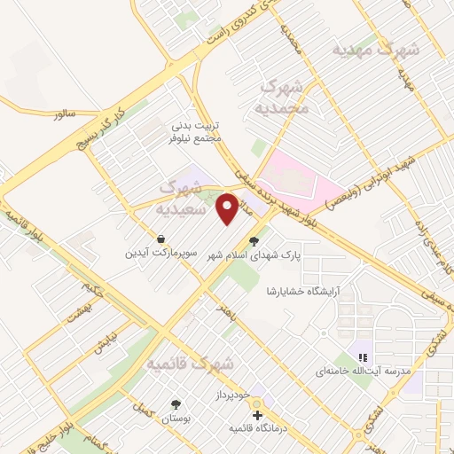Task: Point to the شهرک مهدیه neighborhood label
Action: [x=373, y=51]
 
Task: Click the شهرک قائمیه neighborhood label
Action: [x=190, y=364]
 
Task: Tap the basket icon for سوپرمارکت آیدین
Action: [x=160, y=239]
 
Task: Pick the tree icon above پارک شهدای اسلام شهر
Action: [x=254, y=239]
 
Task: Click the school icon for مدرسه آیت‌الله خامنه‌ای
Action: [x=362, y=356]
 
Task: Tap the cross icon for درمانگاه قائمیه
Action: [x=257, y=415]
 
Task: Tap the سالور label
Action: [x=66, y=114]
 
